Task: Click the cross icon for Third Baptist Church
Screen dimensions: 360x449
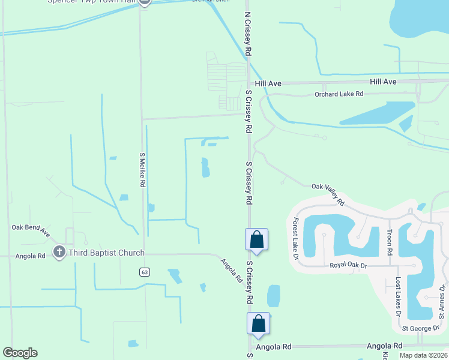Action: click(x=59, y=253)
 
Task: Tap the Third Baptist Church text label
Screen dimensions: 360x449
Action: click(x=106, y=253)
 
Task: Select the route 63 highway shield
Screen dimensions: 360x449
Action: click(x=144, y=272)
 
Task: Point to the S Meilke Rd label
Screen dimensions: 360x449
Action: click(x=142, y=170)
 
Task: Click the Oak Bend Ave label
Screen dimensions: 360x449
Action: click(x=31, y=230)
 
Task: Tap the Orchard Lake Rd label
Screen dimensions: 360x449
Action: click(x=339, y=94)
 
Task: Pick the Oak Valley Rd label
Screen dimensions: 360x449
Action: click(x=328, y=193)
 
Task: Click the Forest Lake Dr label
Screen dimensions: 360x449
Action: click(x=295, y=239)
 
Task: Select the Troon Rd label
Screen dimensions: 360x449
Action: click(x=389, y=242)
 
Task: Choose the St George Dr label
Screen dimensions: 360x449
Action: click(x=421, y=328)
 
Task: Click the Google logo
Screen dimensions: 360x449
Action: click(x=20, y=353)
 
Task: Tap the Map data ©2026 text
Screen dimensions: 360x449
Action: click(x=424, y=355)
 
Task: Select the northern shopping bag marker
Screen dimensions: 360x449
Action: click(x=256, y=239)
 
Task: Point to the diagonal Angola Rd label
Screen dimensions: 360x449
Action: click(x=231, y=271)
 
